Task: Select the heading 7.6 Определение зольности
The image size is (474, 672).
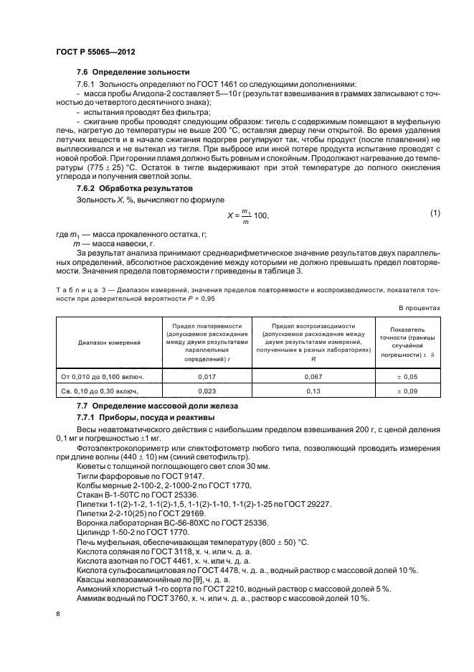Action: coord(133,73)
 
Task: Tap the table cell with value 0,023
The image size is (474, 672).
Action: coord(207,392)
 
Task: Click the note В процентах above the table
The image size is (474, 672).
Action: coord(420,308)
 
